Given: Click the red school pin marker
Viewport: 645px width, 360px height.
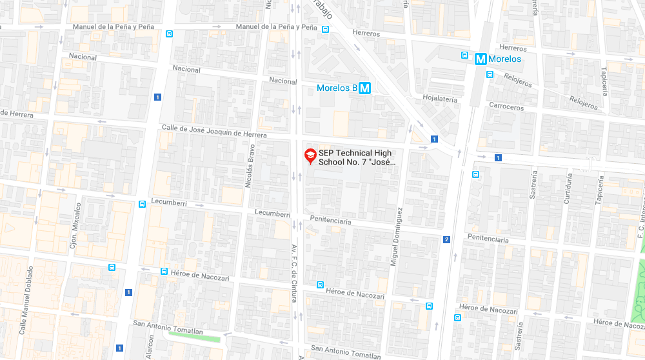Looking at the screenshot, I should tap(310, 155).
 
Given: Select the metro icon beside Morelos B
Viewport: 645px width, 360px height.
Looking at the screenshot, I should tap(364, 88).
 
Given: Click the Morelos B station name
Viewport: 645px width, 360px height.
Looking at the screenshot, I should tap(337, 88).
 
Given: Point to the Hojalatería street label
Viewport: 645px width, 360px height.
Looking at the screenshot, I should tap(439, 99).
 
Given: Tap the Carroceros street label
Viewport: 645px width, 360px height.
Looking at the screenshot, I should tap(506, 106).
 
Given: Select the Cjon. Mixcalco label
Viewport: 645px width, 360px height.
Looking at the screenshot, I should tap(78, 225).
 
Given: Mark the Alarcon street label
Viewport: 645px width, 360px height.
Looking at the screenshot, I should tap(150, 347).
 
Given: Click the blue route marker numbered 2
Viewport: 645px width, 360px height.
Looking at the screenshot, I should tap(446, 240).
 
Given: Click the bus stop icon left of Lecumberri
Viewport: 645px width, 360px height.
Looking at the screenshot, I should tap(142, 205).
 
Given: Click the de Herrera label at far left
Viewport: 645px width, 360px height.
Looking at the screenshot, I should tap(17, 114).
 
